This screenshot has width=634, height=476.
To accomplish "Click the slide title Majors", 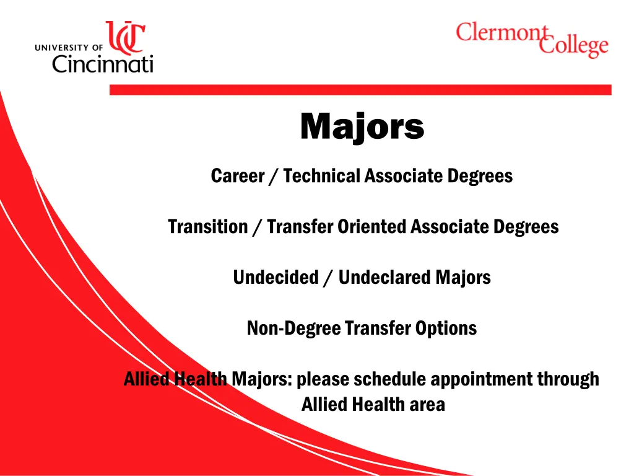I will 362,127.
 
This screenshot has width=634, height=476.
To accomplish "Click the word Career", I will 238,176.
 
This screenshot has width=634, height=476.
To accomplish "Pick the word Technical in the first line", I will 322,176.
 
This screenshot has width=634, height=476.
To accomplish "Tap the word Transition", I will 207,227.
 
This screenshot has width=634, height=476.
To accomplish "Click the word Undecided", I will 276,278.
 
